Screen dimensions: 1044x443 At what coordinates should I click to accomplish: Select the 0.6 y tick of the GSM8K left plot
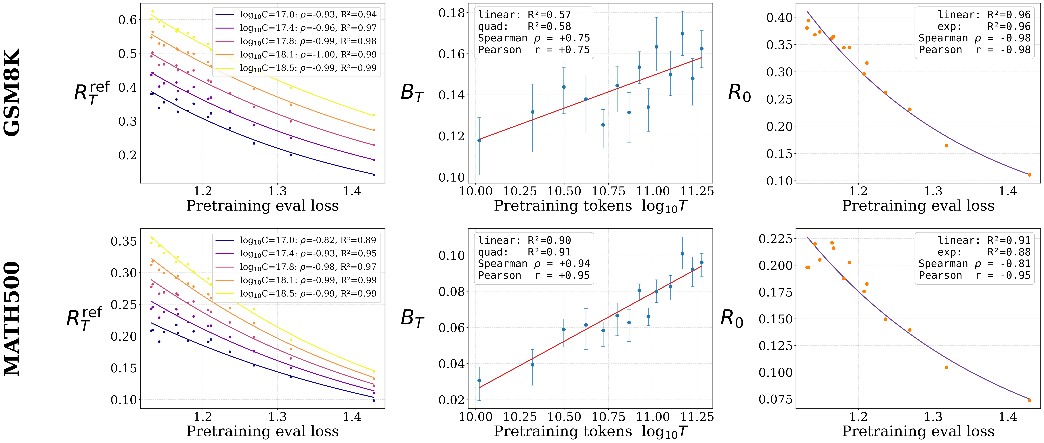(128, 20)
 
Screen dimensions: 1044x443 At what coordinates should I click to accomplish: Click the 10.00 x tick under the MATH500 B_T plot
(476, 417)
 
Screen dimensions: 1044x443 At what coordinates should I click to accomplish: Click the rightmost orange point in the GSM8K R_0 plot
(1029, 175)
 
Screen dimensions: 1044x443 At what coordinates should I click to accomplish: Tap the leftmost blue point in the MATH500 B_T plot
(479, 381)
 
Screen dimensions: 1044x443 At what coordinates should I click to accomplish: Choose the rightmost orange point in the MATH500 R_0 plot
(1029, 400)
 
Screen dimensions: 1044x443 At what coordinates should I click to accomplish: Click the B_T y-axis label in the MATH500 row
(412, 318)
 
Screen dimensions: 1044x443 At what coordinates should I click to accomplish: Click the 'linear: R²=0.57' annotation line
(524, 15)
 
